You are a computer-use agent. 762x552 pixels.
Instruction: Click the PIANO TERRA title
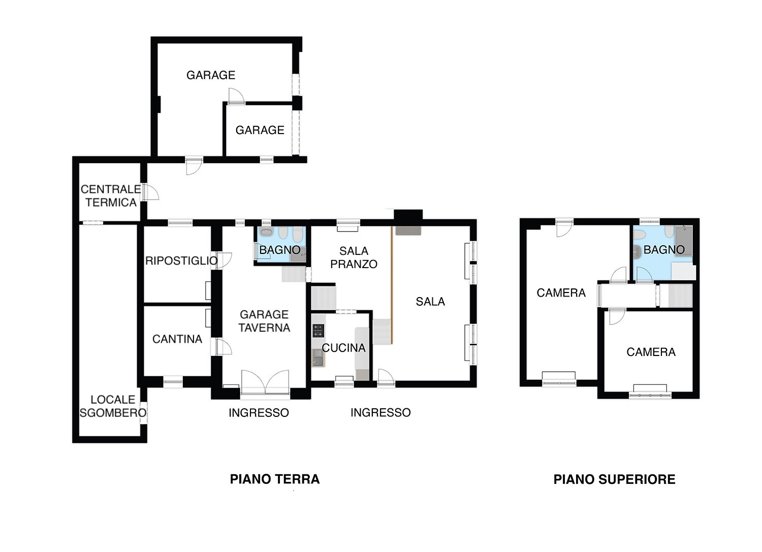click(x=274, y=479)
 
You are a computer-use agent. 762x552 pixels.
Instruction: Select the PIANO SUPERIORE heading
click(x=614, y=479)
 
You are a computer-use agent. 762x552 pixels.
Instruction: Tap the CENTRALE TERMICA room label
click(x=111, y=196)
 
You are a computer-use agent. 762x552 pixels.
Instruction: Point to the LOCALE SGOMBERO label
click(x=113, y=406)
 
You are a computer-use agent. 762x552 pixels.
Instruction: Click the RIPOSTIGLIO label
click(x=181, y=261)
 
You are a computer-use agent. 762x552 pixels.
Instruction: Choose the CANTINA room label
click(x=177, y=339)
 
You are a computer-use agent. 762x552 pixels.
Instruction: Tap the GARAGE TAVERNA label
click(x=264, y=321)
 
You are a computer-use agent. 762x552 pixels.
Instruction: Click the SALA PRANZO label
click(x=354, y=257)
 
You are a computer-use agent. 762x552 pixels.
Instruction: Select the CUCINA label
click(x=343, y=348)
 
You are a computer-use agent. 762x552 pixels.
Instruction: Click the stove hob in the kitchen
click(x=319, y=330)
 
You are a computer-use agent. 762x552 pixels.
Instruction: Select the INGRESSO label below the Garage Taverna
click(x=259, y=413)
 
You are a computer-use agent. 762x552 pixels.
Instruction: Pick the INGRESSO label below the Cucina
click(x=380, y=412)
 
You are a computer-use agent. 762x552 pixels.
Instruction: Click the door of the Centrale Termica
click(x=150, y=192)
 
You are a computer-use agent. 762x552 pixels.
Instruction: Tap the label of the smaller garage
click(x=260, y=130)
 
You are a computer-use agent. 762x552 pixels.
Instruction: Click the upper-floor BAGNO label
click(x=664, y=250)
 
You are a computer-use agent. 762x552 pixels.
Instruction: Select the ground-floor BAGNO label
click(x=279, y=250)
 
